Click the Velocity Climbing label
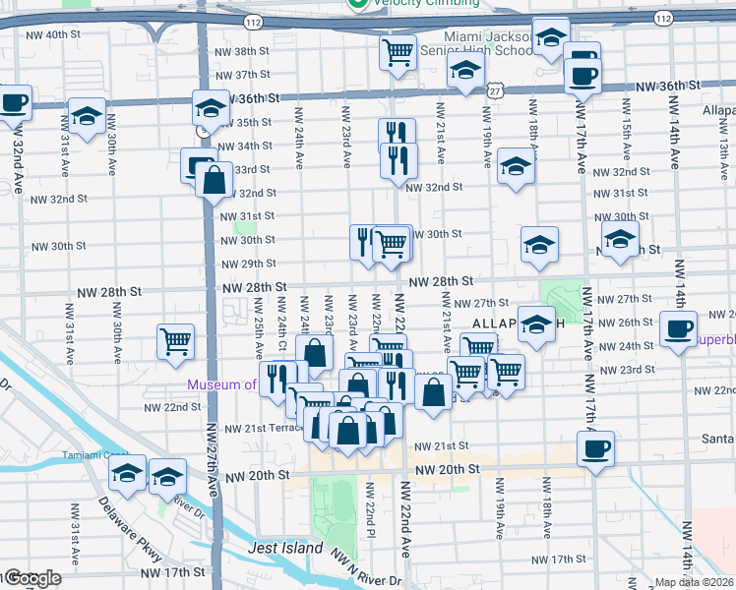(x=424, y=3)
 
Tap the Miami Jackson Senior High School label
(x=475, y=42)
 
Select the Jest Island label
(x=285, y=548)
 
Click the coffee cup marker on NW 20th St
(x=596, y=449)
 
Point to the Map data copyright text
(x=695, y=582)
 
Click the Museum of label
(x=222, y=384)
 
